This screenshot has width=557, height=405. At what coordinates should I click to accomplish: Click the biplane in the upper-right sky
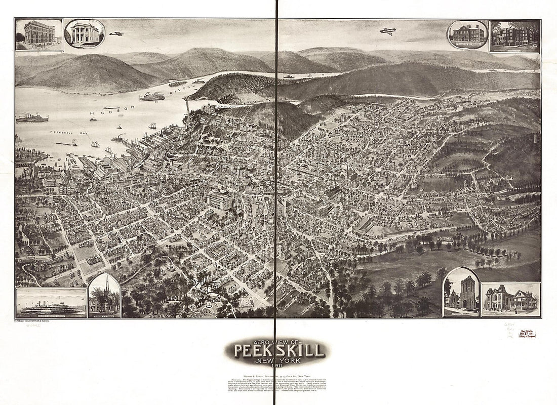388,31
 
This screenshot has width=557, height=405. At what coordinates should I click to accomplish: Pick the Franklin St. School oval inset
467,34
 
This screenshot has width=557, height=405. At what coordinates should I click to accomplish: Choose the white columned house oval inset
85,33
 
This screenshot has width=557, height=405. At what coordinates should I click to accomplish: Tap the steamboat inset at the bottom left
51,303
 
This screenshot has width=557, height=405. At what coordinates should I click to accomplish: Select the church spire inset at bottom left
104,296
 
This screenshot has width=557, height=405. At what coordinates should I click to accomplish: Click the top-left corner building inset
39,34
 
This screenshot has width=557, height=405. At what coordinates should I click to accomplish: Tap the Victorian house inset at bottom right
510,300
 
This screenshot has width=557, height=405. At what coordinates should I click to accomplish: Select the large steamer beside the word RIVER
152,97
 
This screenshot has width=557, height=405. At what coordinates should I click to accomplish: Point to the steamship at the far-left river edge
32,118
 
